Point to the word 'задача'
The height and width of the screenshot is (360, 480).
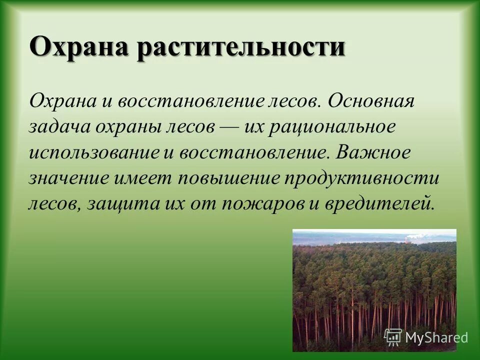point(59,127)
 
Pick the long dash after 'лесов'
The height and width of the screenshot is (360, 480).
point(230,127)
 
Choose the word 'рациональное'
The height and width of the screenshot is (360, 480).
point(332,127)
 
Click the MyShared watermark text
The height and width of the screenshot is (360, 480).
point(436,337)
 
